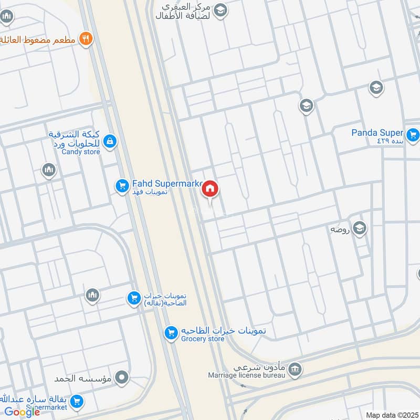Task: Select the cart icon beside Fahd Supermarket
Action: pyautogui.click(x=122, y=186)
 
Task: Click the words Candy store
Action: pyautogui.click(x=81, y=152)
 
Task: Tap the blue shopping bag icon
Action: pyautogui.click(x=110, y=141)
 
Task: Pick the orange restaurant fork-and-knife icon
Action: pyautogui.click(x=86, y=38)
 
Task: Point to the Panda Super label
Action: pyautogui.click(x=377, y=133)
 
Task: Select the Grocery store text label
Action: pyautogui.click(x=203, y=339)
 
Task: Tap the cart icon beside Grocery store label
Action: pyautogui.click(x=170, y=333)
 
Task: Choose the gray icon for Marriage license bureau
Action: pyautogui.click(x=296, y=370)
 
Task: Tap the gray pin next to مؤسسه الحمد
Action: pyautogui.click(x=122, y=377)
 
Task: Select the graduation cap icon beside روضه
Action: pyautogui.click(x=360, y=228)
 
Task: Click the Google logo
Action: pyautogui.click(x=22, y=412)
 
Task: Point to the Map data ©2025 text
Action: pyautogui.click(x=391, y=415)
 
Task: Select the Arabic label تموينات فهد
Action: pyautogui.click(x=150, y=193)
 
